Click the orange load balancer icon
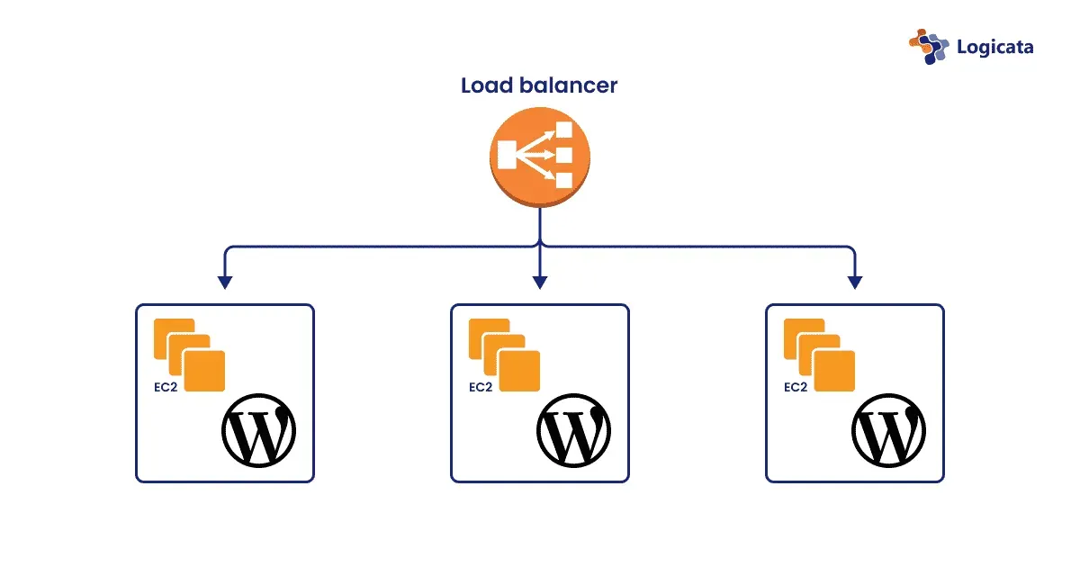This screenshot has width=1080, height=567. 539,157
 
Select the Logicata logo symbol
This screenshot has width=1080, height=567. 929,46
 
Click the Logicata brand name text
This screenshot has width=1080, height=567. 995,47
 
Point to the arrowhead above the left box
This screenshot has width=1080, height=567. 225,282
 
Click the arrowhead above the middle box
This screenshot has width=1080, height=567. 539,282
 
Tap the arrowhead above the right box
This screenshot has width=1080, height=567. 854,282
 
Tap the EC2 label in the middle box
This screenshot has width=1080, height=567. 480,388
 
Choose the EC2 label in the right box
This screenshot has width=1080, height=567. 795,388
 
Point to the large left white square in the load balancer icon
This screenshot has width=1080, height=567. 508,155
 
